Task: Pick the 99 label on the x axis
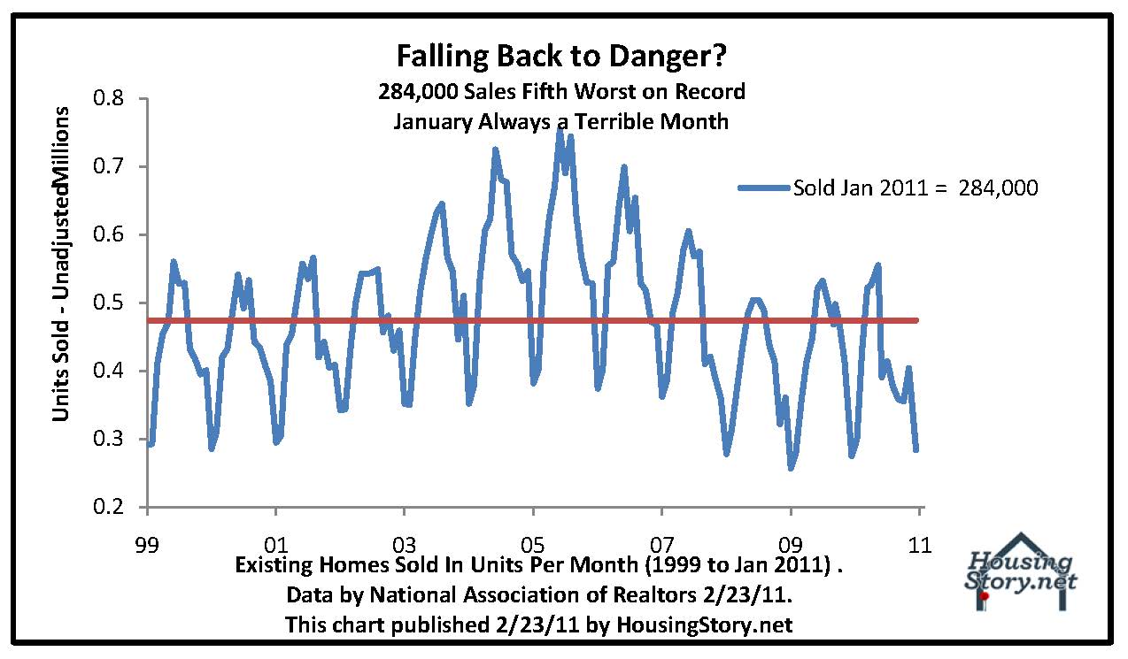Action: [147, 546]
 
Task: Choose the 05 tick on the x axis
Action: [532, 546]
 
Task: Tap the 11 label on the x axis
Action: [920, 546]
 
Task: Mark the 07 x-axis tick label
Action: [661, 546]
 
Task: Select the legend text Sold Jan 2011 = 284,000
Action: [915, 188]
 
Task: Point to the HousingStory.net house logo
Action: [1021, 571]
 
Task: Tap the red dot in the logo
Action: [985, 596]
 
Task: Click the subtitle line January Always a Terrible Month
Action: [561, 121]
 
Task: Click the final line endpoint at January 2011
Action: [916, 449]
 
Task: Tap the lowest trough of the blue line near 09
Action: [791, 467]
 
